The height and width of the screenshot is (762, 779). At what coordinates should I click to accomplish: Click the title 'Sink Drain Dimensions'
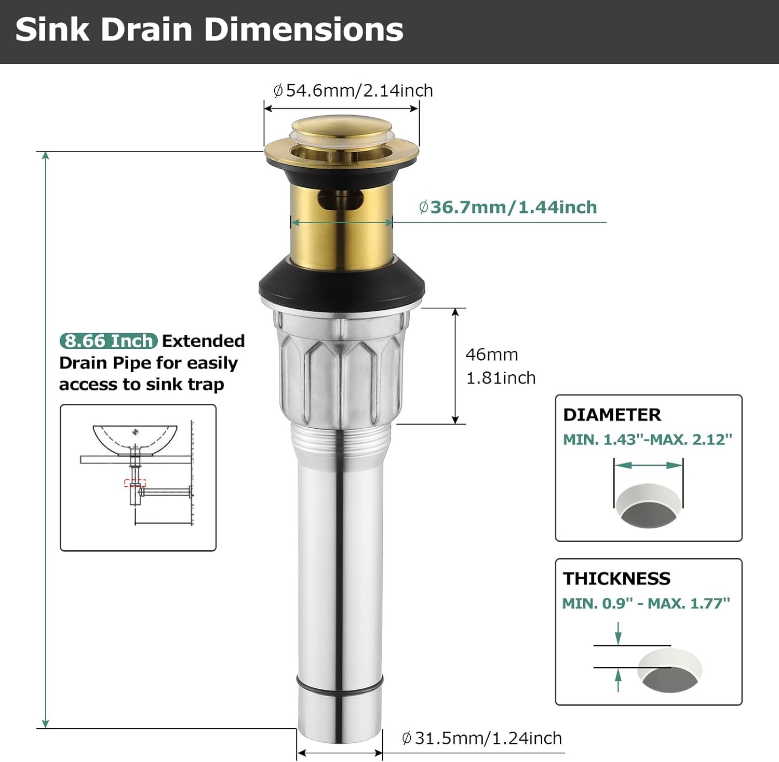[209, 30]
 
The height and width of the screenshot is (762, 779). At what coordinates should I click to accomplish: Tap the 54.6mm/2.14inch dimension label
[353, 90]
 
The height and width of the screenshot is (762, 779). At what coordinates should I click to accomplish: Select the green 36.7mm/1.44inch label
[508, 207]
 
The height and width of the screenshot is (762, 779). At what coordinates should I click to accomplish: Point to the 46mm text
[492, 355]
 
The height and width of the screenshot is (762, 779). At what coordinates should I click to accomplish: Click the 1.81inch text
[501, 378]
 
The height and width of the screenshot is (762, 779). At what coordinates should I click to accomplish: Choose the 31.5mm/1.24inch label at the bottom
[482, 738]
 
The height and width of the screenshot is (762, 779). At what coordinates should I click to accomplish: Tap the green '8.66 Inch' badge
[109, 341]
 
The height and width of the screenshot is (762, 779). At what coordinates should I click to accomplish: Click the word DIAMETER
[612, 415]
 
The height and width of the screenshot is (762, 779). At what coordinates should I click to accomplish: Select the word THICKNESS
[616, 578]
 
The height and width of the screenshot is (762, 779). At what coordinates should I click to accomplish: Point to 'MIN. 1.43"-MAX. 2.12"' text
[648, 440]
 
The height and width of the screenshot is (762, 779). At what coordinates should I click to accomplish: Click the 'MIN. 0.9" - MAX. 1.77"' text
[646, 603]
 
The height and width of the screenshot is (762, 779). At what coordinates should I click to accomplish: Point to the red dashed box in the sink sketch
[135, 483]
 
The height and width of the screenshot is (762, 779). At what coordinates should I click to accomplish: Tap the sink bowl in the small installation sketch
[135, 440]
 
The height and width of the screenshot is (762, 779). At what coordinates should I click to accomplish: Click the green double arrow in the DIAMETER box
[648, 465]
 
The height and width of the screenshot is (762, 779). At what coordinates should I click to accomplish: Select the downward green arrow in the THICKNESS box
[618, 633]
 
